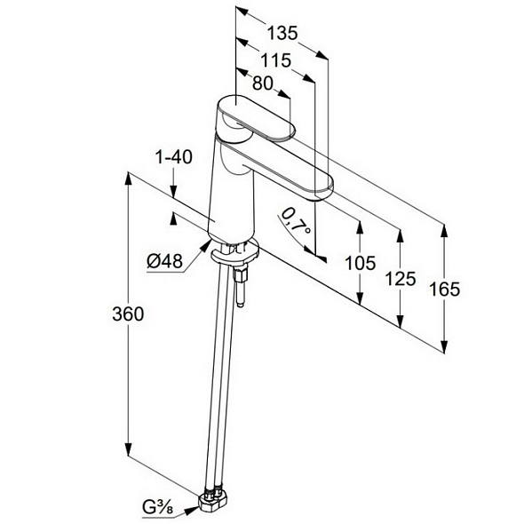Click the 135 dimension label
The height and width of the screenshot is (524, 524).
coord(282,33)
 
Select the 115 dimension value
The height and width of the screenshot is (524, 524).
coord(276,60)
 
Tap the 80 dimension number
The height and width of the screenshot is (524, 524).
coord(263,83)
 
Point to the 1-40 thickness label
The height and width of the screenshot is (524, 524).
coord(174,157)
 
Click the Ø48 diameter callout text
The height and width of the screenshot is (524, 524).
coord(165,260)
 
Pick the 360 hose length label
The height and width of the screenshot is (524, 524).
coord(128,314)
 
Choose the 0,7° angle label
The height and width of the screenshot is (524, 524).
coord(296,220)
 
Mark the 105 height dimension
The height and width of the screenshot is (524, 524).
coord(360,263)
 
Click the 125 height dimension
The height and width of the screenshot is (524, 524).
coord(401,279)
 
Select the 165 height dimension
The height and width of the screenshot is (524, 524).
coord(444,289)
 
